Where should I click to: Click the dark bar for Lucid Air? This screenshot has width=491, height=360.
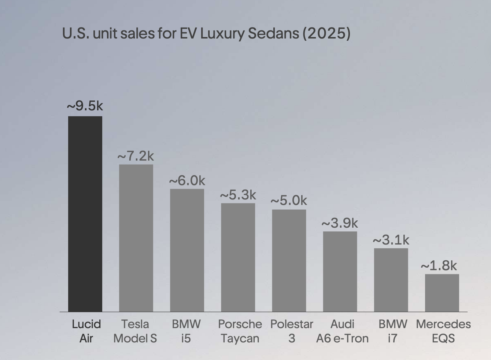[85, 214]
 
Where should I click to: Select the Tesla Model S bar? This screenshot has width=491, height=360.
[136, 238]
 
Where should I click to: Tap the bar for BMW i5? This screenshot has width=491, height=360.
[187, 250]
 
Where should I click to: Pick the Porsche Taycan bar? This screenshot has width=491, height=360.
[238, 257]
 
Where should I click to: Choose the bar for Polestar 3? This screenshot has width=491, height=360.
[289, 261]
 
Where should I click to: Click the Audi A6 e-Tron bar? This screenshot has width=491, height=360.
[340, 272]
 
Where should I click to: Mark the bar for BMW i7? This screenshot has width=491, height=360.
[391, 280]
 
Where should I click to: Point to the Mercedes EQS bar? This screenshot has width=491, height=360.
[442, 293]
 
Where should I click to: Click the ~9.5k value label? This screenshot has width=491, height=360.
[85, 106]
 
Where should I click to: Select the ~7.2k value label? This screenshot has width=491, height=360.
[136, 156]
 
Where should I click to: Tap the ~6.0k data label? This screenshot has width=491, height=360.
[187, 180]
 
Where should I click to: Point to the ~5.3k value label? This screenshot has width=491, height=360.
[238, 195]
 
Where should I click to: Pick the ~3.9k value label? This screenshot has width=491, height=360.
[340, 223]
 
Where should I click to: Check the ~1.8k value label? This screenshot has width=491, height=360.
[439, 265]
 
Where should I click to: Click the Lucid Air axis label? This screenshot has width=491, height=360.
[86, 331]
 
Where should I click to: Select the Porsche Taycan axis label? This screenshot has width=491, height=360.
[240, 331]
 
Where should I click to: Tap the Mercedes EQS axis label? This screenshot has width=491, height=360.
[443, 331]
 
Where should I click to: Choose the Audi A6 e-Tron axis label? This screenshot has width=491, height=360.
[342, 331]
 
